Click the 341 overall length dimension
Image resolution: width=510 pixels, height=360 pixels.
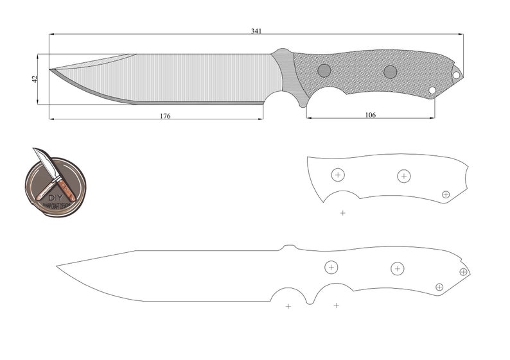click(256, 31)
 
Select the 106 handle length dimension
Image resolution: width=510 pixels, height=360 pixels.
click(370, 115)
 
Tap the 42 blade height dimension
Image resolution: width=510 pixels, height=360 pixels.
click(35, 78)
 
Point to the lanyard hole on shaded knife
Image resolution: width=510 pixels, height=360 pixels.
click(457, 75)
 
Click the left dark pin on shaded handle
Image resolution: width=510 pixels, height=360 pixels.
click(324, 70)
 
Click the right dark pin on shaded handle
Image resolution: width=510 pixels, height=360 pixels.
click(390, 71)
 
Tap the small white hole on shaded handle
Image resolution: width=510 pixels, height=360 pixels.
click(432, 90)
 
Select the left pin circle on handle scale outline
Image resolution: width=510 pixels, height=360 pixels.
click(338, 174)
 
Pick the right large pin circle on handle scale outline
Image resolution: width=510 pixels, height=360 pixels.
click(403, 175)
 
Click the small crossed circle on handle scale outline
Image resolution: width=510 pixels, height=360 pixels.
click(446, 194)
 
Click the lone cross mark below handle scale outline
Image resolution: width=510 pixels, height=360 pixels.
click(342, 212)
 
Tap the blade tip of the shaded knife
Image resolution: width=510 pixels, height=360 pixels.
click(50, 69)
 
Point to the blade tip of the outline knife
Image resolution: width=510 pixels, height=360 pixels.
click(57, 264)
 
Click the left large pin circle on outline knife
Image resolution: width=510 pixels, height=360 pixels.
click(331, 267)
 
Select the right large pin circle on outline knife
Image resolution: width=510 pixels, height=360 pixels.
click(397, 268)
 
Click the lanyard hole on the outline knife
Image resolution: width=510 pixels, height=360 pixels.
click(463, 272)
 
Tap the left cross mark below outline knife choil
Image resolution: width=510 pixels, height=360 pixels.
click(288, 306)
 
